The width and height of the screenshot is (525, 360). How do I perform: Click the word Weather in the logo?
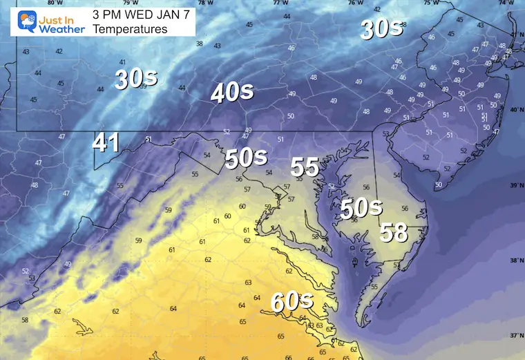61,29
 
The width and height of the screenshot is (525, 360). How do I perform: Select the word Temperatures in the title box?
129,29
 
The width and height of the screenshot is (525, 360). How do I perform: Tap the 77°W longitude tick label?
280,3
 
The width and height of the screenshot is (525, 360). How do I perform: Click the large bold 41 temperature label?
106,143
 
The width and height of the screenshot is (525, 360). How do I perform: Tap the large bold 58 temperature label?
394,232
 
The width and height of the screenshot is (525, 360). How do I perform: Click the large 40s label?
231,93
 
